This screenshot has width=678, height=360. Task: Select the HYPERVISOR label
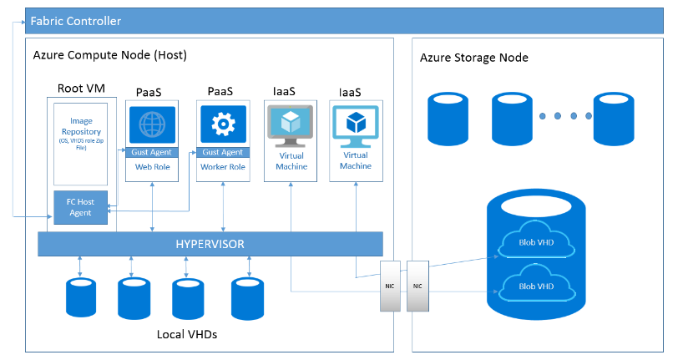pyautogui.click(x=210, y=244)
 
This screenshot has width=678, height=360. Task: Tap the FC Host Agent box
pyautogui.click(x=81, y=208)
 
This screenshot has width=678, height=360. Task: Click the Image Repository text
pyautogui.click(x=81, y=132)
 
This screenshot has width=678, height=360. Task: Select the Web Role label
pyautogui.click(x=152, y=167)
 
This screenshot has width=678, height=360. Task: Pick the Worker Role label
pyautogui.click(x=222, y=167)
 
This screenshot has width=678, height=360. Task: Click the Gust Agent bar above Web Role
pyautogui.click(x=152, y=152)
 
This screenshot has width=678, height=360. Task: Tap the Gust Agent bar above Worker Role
pyautogui.click(x=222, y=152)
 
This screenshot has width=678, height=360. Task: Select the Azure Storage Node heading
pyautogui.click(x=474, y=58)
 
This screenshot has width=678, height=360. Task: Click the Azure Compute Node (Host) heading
pyautogui.click(x=109, y=55)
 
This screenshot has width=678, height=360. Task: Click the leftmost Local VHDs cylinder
pyautogui.click(x=80, y=297)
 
